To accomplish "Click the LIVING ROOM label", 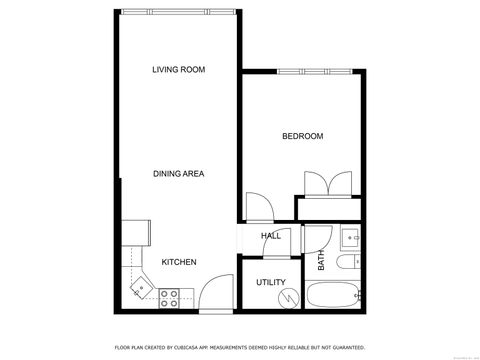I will coord(178,69).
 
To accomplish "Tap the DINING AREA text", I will coord(178,174).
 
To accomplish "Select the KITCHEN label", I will coord(178,262).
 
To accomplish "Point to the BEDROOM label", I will coord(302,136).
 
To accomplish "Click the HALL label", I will coord(270,236).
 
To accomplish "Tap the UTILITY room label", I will coord(270,282).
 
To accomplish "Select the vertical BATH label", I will coord(322,261).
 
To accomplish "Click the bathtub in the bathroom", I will coord(334,296).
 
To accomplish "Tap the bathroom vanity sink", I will coord(350,237).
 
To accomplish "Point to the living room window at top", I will coord(178,14).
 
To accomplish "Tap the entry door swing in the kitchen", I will coord(214,297).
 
